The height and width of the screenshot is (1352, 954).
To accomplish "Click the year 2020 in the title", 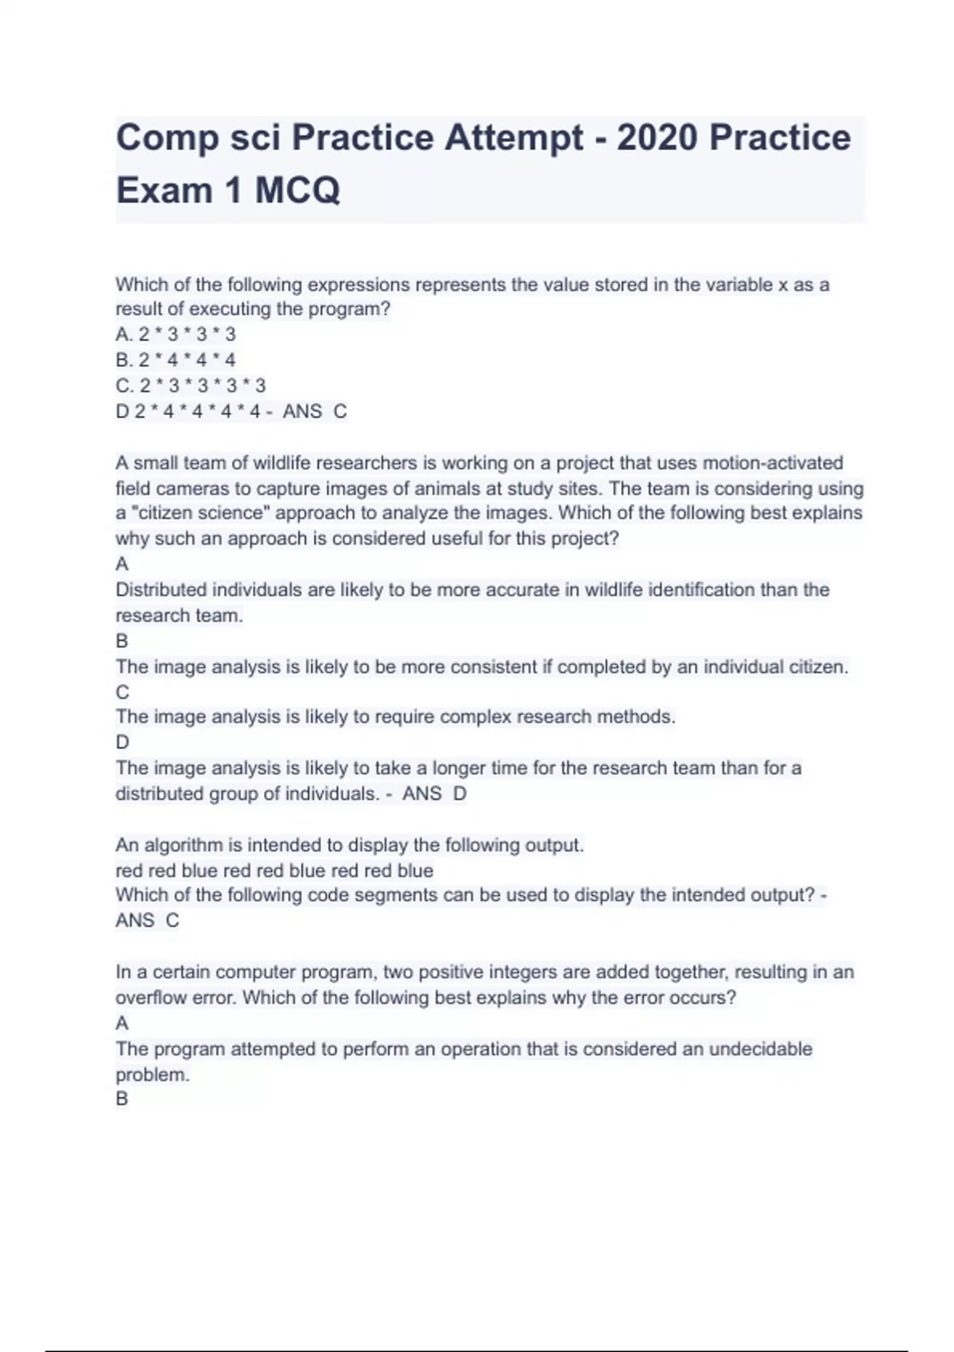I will (x=657, y=138).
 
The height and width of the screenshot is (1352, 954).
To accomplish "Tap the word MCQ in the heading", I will (x=297, y=190).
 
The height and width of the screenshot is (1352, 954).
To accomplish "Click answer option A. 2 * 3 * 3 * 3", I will (x=176, y=335).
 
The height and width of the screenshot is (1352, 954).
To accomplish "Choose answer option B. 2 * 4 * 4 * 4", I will (x=176, y=360).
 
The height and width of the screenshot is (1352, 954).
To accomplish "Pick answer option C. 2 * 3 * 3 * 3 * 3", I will (x=191, y=386).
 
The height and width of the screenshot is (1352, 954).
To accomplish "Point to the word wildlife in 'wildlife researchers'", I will (x=282, y=463).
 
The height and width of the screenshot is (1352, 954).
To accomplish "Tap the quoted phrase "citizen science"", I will (x=192, y=513).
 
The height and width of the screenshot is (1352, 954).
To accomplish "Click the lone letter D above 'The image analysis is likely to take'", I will (x=122, y=742).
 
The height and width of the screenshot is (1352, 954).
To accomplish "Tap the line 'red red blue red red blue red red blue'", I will (x=274, y=870).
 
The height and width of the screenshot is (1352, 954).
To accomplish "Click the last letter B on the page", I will (x=122, y=1099).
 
